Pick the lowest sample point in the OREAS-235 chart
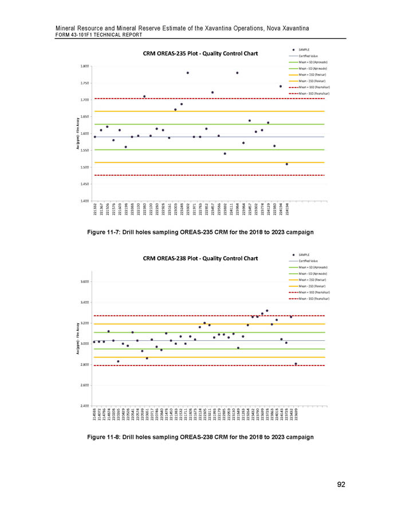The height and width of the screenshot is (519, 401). click(287, 164)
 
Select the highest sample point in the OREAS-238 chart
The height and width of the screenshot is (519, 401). click(267, 310)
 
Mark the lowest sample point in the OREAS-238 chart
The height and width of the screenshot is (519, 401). click(296, 364)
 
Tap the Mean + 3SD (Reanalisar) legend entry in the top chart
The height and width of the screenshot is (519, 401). click(312, 86)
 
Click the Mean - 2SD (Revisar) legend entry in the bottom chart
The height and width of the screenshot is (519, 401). click(309, 285)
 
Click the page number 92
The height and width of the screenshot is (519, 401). click(341, 485)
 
